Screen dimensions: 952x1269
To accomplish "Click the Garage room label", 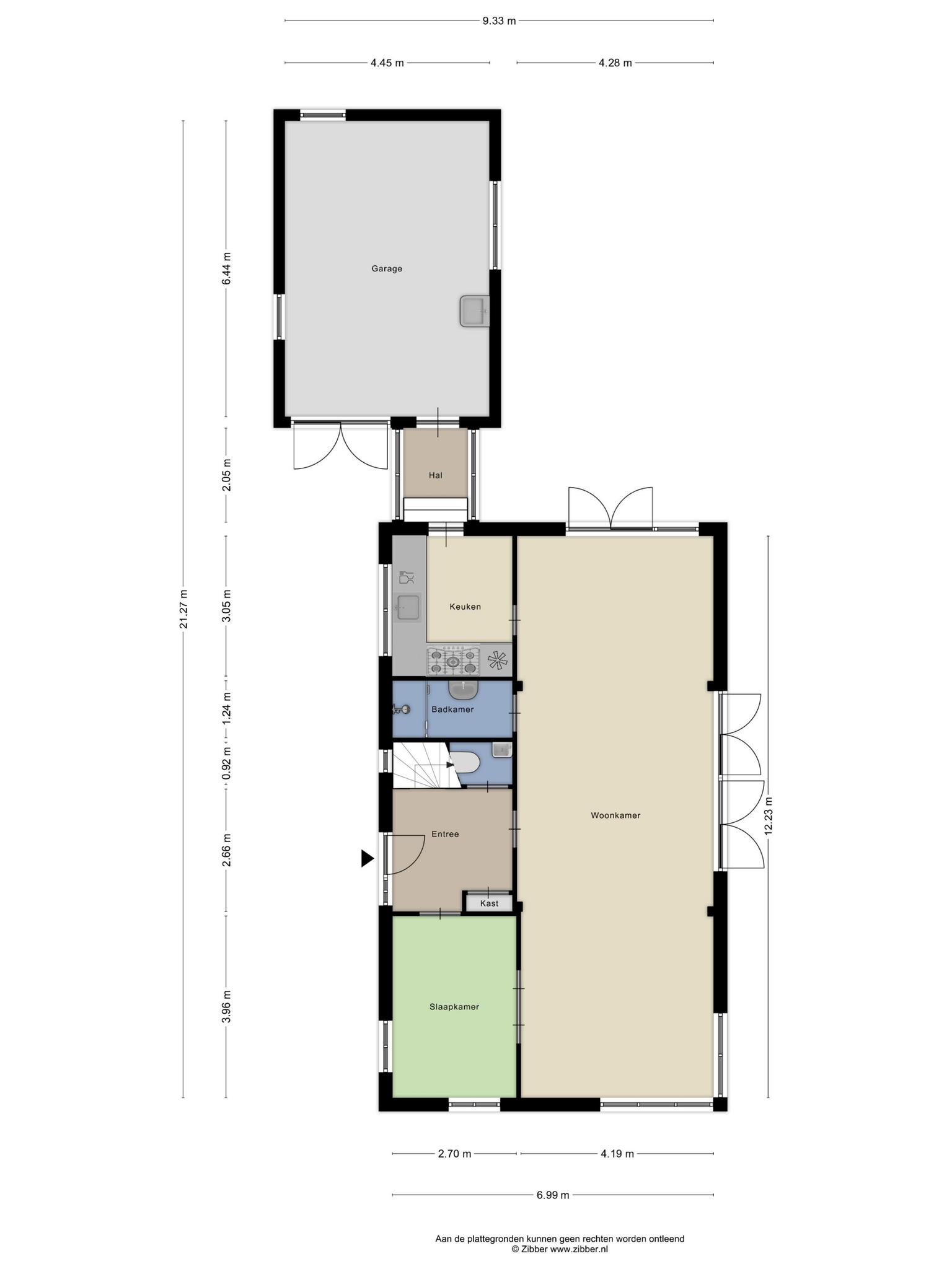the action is pyautogui.click(x=387, y=269).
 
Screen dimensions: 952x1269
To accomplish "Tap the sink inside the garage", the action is pyautogui.click(x=475, y=310).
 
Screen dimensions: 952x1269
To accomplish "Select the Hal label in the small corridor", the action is pyautogui.click(x=436, y=475).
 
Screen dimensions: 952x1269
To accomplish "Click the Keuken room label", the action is pyautogui.click(x=465, y=607).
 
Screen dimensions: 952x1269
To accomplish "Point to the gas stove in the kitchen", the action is pyautogui.click(x=454, y=661).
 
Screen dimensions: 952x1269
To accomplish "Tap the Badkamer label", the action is pyautogui.click(x=452, y=709).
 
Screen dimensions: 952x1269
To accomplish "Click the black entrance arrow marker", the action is pyautogui.click(x=368, y=858).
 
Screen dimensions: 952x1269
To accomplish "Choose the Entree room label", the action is pyautogui.click(x=445, y=834).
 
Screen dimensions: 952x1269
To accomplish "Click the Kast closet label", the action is pyautogui.click(x=489, y=903).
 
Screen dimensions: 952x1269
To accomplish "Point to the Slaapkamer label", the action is pyautogui.click(x=454, y=1007).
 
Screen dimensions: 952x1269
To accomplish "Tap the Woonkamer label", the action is pyautogui.click(x=615, y=815).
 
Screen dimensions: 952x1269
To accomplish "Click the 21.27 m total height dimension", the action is pyautogui.click(x=183, y=608).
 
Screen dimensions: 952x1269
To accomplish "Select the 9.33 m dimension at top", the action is pyautogui.click(x=499, y=20).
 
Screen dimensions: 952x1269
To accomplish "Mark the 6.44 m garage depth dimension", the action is pyautogui.click(x=226, y=268).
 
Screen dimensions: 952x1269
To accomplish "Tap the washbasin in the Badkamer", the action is pyautogui.click(x=463, y=690).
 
